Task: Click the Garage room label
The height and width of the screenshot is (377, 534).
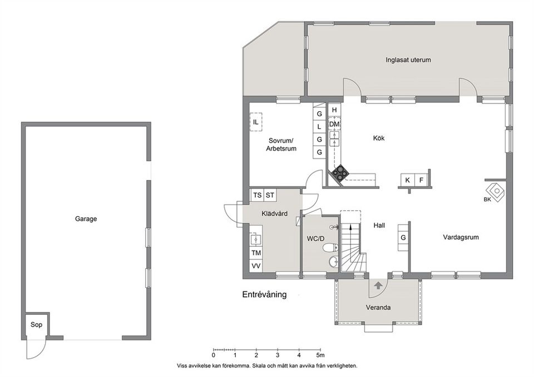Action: coord(86,219)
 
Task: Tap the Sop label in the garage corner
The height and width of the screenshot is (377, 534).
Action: coord(36,325)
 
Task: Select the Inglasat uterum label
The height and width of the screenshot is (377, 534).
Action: coord(408,60)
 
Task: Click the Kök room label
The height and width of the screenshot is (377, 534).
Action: coord(379,138)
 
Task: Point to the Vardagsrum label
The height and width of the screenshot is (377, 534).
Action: coord(461,237)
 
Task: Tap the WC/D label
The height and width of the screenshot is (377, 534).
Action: coord(315,239)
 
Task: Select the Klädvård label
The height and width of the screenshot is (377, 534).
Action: coord(274,213)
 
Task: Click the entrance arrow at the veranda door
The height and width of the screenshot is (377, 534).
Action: coord(378,285)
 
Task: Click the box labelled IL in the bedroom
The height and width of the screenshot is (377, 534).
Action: coord(255,122)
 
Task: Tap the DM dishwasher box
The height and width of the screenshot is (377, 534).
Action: coord(334,123)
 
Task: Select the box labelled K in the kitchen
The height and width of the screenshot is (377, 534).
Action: coord(408,180)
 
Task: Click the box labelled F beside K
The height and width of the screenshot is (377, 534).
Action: coord(421,180)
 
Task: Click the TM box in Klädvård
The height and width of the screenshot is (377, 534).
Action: coord(256,253)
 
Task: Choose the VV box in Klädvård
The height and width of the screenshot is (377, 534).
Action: coord(256,266)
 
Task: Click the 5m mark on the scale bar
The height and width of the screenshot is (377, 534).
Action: coord(320,354)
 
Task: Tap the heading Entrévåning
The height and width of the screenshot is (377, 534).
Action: coord(264,295)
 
